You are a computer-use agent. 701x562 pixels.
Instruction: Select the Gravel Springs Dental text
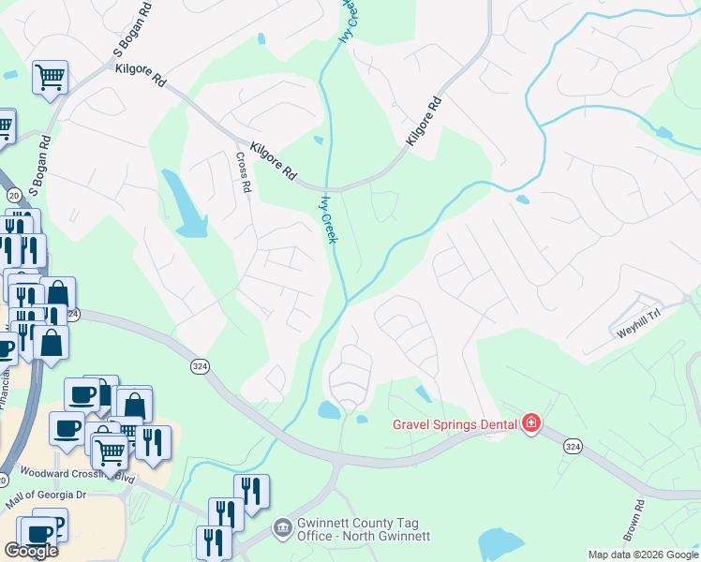pyautogui.click(x=455, y=424)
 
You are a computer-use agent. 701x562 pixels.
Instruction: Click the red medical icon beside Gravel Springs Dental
pyautogui.click(x=531, y=424)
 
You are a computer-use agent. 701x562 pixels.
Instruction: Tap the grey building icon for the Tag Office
pyautogui.click(x=281, y=529)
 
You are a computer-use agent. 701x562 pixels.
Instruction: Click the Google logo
pyautogui.click(x=32, y=551)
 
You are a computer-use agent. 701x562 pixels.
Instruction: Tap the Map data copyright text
pyautogui.click(x=642, y=555)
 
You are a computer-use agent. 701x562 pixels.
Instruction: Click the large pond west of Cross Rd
pyautogui.click(x=186, y=204)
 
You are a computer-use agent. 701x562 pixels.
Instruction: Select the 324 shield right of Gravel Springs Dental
pyautogui.click(x=574, y=448)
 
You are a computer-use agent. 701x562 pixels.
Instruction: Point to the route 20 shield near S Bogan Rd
pyautogui.click(x=14, y=195)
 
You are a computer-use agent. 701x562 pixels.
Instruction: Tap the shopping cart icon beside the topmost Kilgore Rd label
pyautogui.click(x=51, y=77)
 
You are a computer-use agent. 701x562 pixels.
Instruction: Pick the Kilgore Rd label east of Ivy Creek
pyautogui.click(x=423, y=123)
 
